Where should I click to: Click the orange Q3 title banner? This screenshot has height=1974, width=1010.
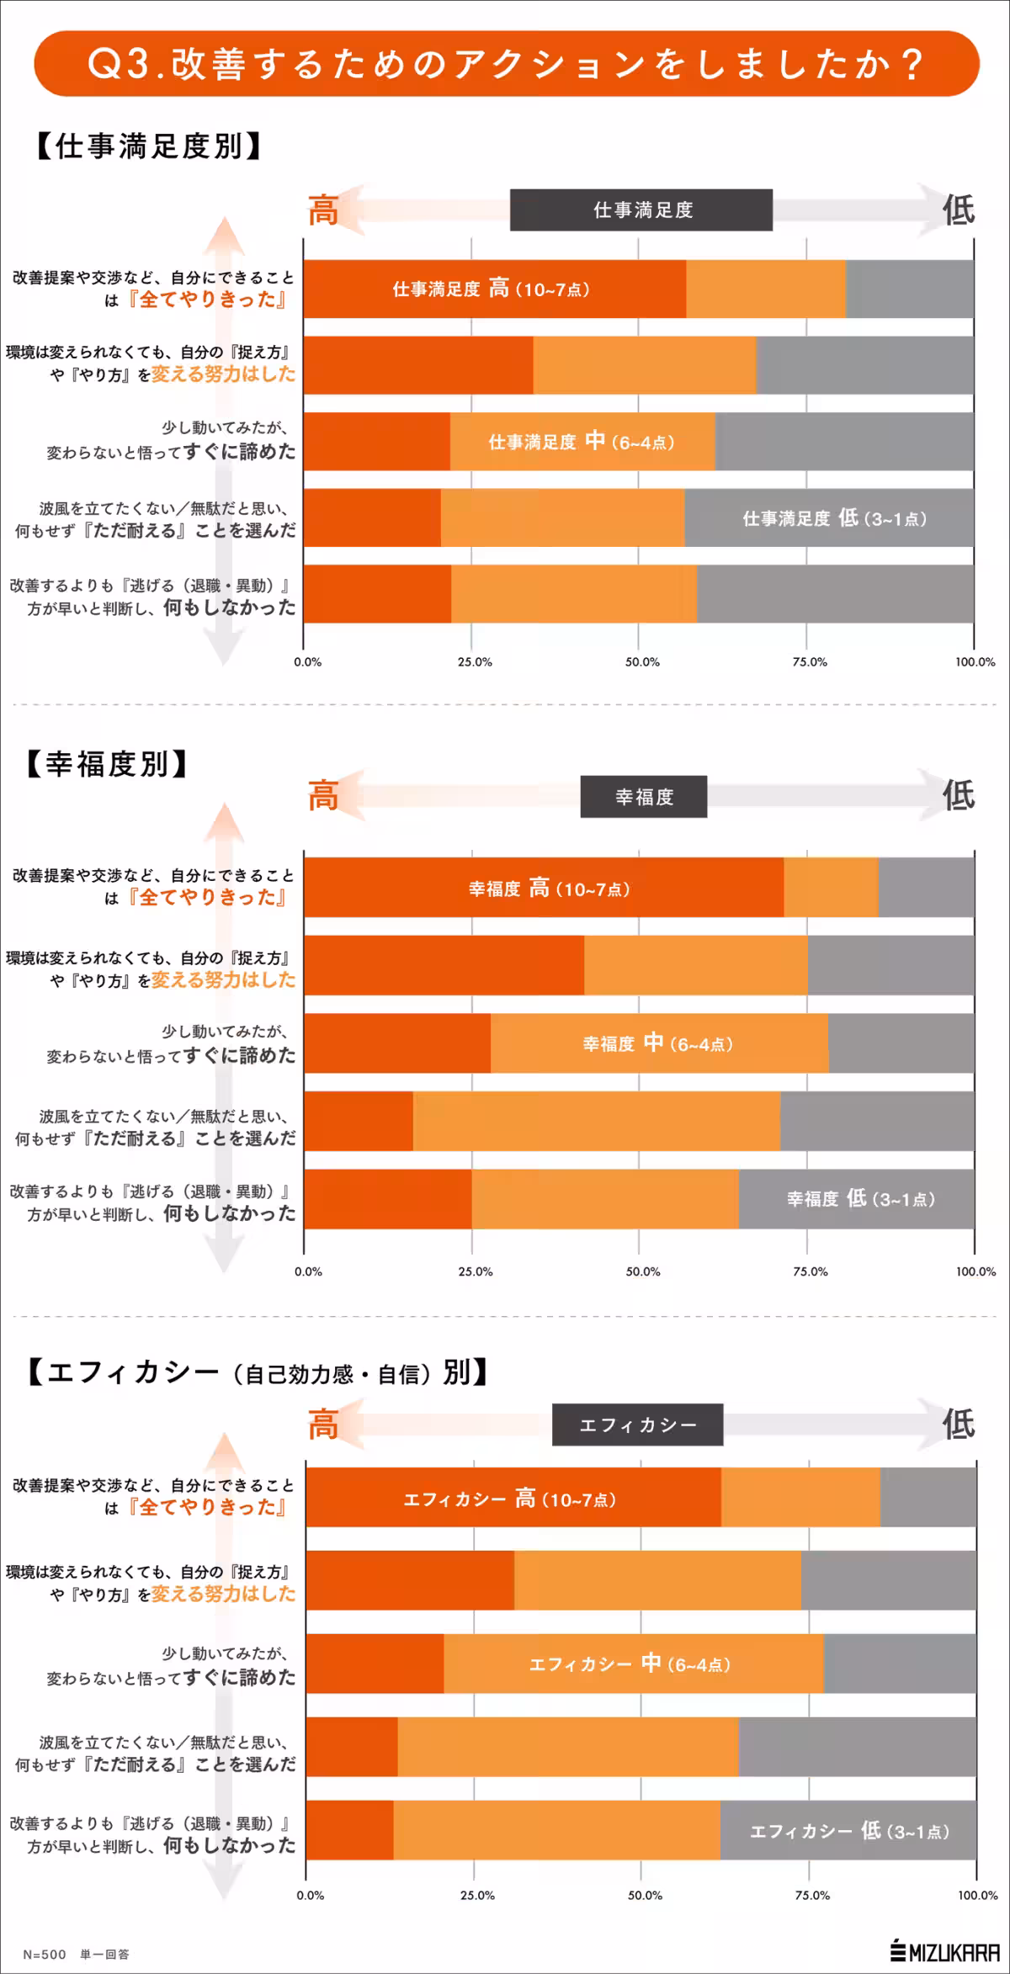click(x=506, y=64)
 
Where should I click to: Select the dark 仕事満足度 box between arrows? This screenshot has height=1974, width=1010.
click(x=641, y=210)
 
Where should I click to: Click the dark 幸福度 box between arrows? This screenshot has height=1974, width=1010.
click(x=644, y=797)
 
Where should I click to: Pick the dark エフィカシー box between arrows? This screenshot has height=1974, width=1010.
click(x=637, y=1425)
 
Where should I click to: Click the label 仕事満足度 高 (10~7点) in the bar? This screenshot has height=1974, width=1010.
click(x=492, y=289)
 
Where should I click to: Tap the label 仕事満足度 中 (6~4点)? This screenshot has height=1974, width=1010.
click(x=582, y=442)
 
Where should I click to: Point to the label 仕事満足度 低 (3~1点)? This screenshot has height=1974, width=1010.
click(x=834, y=518)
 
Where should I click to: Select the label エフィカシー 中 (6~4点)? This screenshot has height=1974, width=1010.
click(x=630, y=1664)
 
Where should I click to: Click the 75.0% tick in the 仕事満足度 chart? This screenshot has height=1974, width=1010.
click(x=809, y=662)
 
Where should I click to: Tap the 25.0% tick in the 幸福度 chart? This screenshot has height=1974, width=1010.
click(x=476, y=1271)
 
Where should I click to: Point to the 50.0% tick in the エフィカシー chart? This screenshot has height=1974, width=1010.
click(x=645, y=1895)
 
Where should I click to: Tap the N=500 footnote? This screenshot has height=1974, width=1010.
click(x=45, y=1955)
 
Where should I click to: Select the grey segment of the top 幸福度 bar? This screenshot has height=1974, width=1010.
click(x=926, y=887)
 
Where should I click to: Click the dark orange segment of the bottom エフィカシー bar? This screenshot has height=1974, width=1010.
click(x=349, y=1830)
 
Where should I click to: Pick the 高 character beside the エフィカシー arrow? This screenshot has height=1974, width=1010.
click(x=323, y=1425)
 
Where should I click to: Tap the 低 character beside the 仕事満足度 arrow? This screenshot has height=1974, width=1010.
click(x=958, y=210)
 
